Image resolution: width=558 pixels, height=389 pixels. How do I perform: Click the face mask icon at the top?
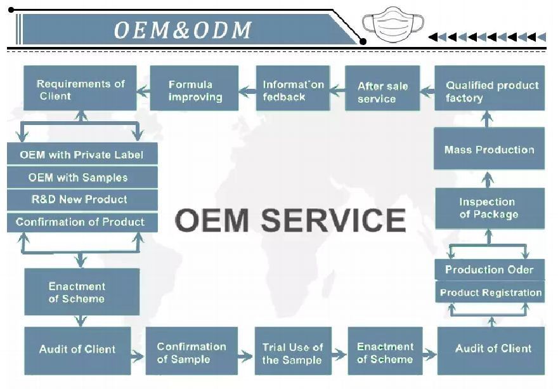click(393, 25)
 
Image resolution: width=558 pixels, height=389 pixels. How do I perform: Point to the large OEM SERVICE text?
click(290, 220)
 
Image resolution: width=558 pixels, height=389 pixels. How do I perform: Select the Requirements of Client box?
click(80, 88)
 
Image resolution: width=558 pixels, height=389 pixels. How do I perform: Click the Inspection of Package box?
click(489, 208)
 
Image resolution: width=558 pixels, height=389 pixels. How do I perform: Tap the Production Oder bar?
click(489, 269)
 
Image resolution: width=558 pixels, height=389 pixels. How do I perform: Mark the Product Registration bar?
click(490, 293)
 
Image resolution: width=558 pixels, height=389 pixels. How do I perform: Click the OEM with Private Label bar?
click(82, 154)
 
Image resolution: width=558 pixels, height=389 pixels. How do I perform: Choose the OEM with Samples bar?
click(82, 177)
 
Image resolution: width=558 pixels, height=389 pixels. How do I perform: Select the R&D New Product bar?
click(82, 199)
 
